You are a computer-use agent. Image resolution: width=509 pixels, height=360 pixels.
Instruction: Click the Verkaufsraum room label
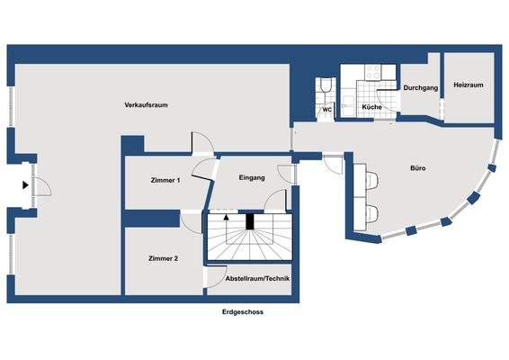tap(147, 105)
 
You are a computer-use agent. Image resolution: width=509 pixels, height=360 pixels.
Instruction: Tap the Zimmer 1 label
tap(165, 180)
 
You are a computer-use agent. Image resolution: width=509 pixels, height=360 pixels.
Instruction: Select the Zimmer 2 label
tap(163, 258)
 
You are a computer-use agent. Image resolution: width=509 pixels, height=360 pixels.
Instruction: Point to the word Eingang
tap(252, 178)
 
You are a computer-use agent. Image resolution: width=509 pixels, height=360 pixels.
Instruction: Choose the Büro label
tap(418, 168)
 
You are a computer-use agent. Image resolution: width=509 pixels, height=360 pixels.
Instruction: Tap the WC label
tap(327, 110)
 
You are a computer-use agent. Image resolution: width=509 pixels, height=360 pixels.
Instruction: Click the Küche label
tap(371, 107)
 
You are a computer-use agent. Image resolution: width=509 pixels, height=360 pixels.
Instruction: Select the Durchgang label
tap(420, 87)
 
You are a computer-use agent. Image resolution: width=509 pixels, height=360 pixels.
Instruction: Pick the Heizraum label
tap(468, 85)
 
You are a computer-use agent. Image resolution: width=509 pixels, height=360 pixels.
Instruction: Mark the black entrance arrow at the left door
tap(25, 186)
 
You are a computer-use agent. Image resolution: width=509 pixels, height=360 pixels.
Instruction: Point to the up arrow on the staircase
tap(226, 217)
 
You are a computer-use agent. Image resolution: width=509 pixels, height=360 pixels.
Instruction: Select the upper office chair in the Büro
tap(372, 180)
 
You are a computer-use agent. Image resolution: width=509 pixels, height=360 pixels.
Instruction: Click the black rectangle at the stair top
tap(251, 220)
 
